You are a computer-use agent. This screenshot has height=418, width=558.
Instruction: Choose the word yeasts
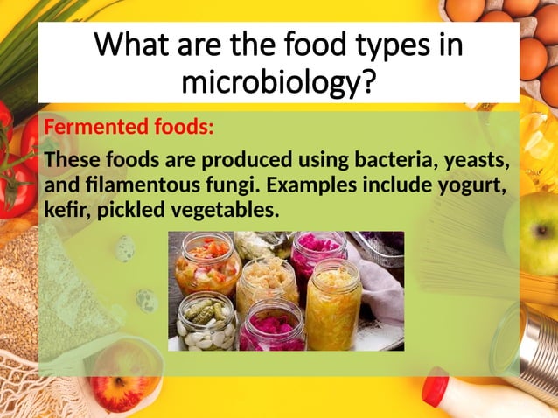[478, 161]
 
